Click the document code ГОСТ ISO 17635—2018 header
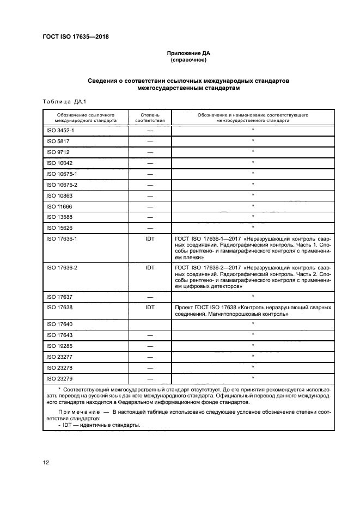point(80,37)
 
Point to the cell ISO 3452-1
point(61,131)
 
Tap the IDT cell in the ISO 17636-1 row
point(150,238)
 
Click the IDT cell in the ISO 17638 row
point(150,308)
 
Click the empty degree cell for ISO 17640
point(150,324)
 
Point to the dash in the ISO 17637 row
point(150,297)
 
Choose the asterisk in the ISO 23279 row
point(253,378)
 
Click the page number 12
point(46,463)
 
